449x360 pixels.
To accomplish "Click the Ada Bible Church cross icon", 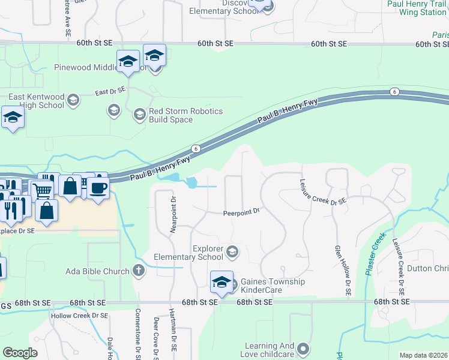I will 139,271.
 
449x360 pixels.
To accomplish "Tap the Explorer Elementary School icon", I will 232,253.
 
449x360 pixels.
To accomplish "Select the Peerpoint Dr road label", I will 241,212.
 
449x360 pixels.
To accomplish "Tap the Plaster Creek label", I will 374,256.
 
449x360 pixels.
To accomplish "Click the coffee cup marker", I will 98,188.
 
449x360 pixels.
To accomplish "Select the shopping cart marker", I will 42,190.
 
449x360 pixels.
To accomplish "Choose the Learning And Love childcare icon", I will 303,349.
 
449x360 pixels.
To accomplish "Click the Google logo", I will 20,353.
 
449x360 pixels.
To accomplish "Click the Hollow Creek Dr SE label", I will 79,316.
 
